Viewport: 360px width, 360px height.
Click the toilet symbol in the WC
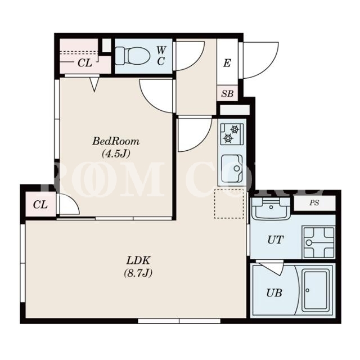[x=132, y=56]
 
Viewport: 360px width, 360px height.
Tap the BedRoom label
[x=116, y=141]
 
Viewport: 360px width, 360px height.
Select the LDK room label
[x=139, y=260]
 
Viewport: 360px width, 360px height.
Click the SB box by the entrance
[x=227, y=93]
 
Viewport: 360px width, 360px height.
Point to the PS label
[x=314, y=202]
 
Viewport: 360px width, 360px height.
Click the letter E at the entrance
[x=227, y=63]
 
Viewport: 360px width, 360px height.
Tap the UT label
[x=275, y=240]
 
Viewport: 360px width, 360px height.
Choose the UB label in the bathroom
[x=274, y=292]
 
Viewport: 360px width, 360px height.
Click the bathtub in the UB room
[x=315, y=291]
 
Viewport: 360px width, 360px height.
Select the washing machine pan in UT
[x=319, y=242]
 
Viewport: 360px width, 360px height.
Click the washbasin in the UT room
[x=271, y=208]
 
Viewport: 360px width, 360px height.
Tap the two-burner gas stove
[x=232, y=134]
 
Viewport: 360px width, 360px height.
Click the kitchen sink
[x=232, y=168]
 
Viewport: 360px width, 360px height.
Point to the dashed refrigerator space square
[x=229, y=204]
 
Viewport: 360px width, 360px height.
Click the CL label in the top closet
[x=85, y=63]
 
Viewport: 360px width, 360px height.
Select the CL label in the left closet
[x=40, y=204]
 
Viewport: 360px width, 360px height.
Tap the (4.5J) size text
[x=116, y=154]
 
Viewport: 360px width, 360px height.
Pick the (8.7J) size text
[x=138, y=273]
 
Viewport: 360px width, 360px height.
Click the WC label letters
[x=161, y=55]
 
